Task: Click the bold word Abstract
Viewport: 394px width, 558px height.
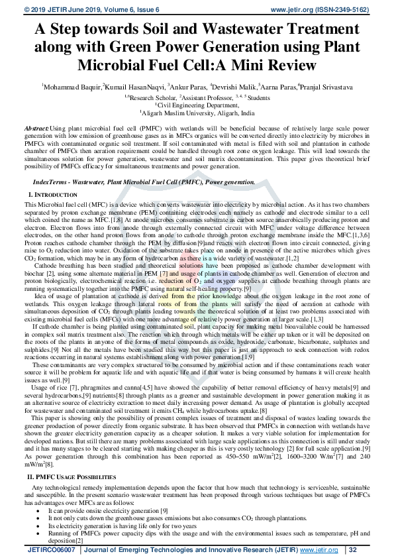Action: [x=36, y=127]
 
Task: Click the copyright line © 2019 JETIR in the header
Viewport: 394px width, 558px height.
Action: [x=49, y=9]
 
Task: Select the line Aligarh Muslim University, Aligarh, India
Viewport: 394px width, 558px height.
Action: [x=197, y=113]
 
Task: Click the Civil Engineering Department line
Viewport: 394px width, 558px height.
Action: [x=197, y=105]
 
